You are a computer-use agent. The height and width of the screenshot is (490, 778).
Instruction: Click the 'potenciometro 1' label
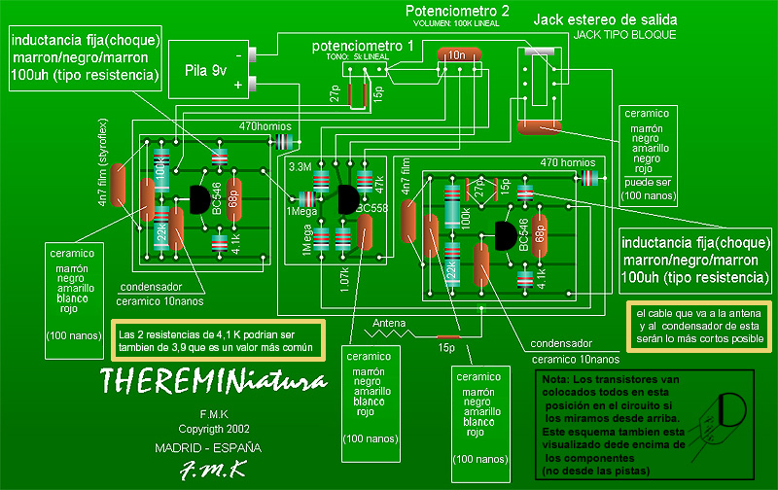(363, 47)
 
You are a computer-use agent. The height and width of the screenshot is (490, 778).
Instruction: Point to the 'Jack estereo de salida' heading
(605, 19)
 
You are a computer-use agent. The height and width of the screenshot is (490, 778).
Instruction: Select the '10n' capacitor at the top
(457, 55)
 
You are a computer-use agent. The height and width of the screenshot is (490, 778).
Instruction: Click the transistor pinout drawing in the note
(731, 411)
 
